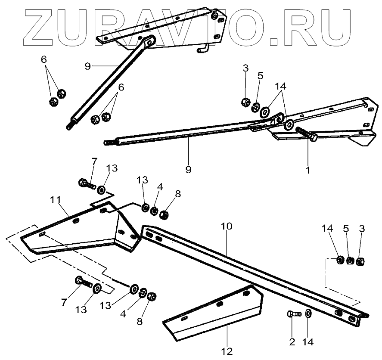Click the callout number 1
coord(307,170)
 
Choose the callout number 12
coord(227,351)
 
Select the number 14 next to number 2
coord(308,343)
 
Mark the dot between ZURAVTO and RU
coord(276,41)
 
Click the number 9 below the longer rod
coord(188,169)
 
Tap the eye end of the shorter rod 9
coord(149,42)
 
